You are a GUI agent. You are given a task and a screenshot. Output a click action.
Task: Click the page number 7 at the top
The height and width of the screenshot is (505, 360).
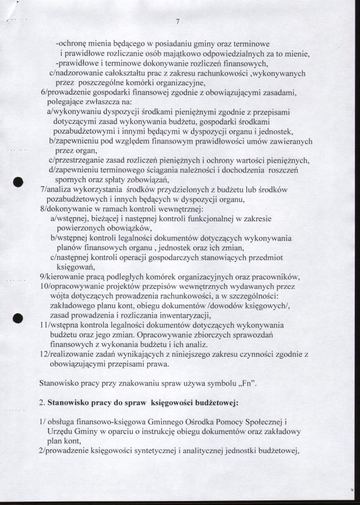tap(178, 22)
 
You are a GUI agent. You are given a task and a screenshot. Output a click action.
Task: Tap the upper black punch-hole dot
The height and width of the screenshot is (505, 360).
tap(18, 181)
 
